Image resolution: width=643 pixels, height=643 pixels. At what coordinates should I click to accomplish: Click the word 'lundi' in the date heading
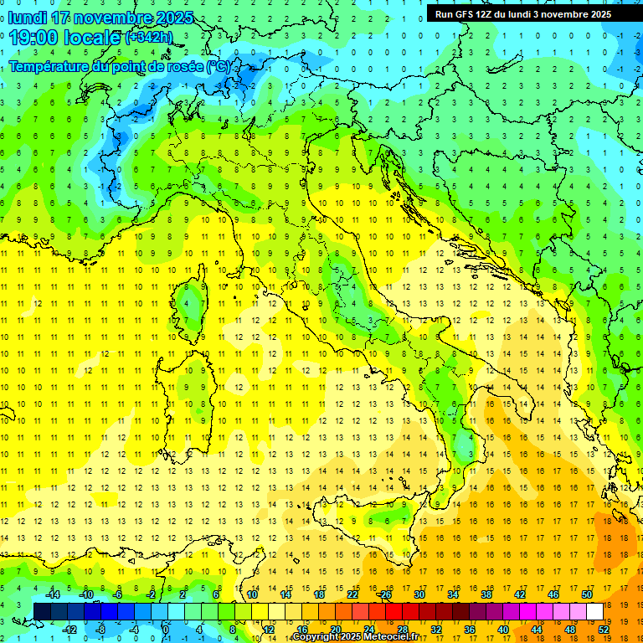(x=27, y=18)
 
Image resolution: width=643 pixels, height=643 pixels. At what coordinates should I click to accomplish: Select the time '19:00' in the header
(x=33, y=38)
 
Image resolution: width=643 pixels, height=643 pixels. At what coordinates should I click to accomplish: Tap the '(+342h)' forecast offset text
(x=149, y=38)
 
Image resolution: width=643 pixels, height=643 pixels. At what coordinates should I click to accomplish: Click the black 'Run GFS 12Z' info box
(x=523, y=14)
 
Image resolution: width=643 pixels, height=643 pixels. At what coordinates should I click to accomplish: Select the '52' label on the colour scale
(x=604, y=629)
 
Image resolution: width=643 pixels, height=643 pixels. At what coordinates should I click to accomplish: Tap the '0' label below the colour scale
(x=167, y=629)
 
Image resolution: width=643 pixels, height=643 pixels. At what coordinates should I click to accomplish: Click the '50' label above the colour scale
(x=586, y=594)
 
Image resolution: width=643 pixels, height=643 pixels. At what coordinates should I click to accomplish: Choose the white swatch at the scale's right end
(x=594, y=611)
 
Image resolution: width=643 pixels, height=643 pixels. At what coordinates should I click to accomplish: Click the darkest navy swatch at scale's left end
(x=42, y=611)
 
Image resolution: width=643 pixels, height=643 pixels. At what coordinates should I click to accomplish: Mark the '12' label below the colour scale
(x=268, y=629)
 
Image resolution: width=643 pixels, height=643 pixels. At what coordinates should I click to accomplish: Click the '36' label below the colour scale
(x=470, y=629)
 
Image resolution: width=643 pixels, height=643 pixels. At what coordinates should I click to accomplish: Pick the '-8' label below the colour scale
(x=100, y=629)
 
